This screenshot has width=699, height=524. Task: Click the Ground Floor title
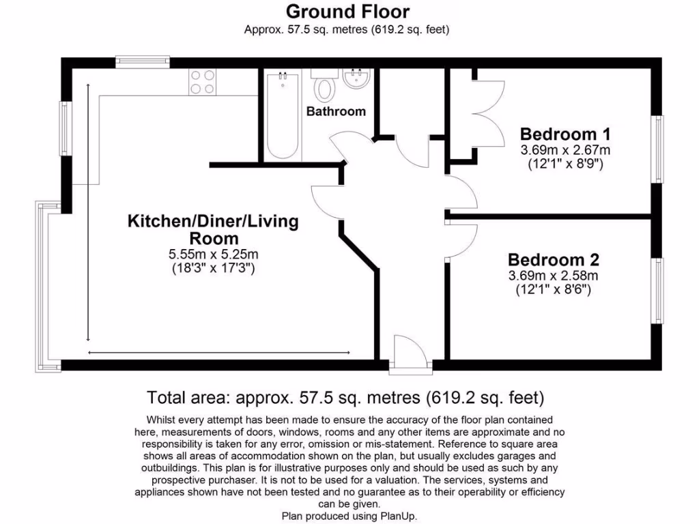(347, 12)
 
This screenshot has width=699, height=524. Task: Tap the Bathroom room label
(336, 111)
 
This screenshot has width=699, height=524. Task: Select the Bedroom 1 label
(565, 134)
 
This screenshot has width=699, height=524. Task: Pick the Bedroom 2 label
(553, 260)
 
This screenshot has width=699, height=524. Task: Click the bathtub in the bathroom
(283, 116)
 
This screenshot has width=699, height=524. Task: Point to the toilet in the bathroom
(324, 85)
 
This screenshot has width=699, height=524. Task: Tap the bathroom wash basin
(356, 78)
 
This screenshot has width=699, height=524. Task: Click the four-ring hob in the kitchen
(202, 82)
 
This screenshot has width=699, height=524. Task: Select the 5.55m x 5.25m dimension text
(214, 254)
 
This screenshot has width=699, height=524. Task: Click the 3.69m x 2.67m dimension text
(565, 149)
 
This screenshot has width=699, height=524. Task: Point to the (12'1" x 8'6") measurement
(553, 290)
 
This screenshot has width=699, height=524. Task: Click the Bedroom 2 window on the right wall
(657, 291)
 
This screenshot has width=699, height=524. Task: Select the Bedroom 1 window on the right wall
(657, 149)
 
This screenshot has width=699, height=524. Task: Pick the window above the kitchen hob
(143, 61)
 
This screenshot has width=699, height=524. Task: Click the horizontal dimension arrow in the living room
(219, 353)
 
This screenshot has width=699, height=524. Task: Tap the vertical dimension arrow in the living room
(88, 213)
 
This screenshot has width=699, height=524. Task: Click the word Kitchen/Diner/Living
(213, 221)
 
